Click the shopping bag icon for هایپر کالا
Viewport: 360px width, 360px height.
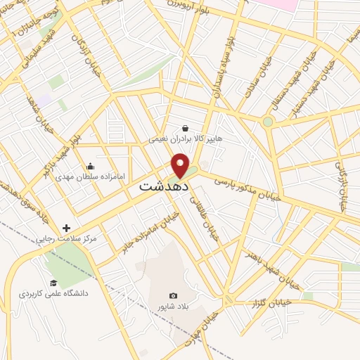click(x=185, y=129)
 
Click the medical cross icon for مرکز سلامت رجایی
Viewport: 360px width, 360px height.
click(x=67, y=228)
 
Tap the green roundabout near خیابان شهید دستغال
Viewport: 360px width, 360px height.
click(x=268, y=122)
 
